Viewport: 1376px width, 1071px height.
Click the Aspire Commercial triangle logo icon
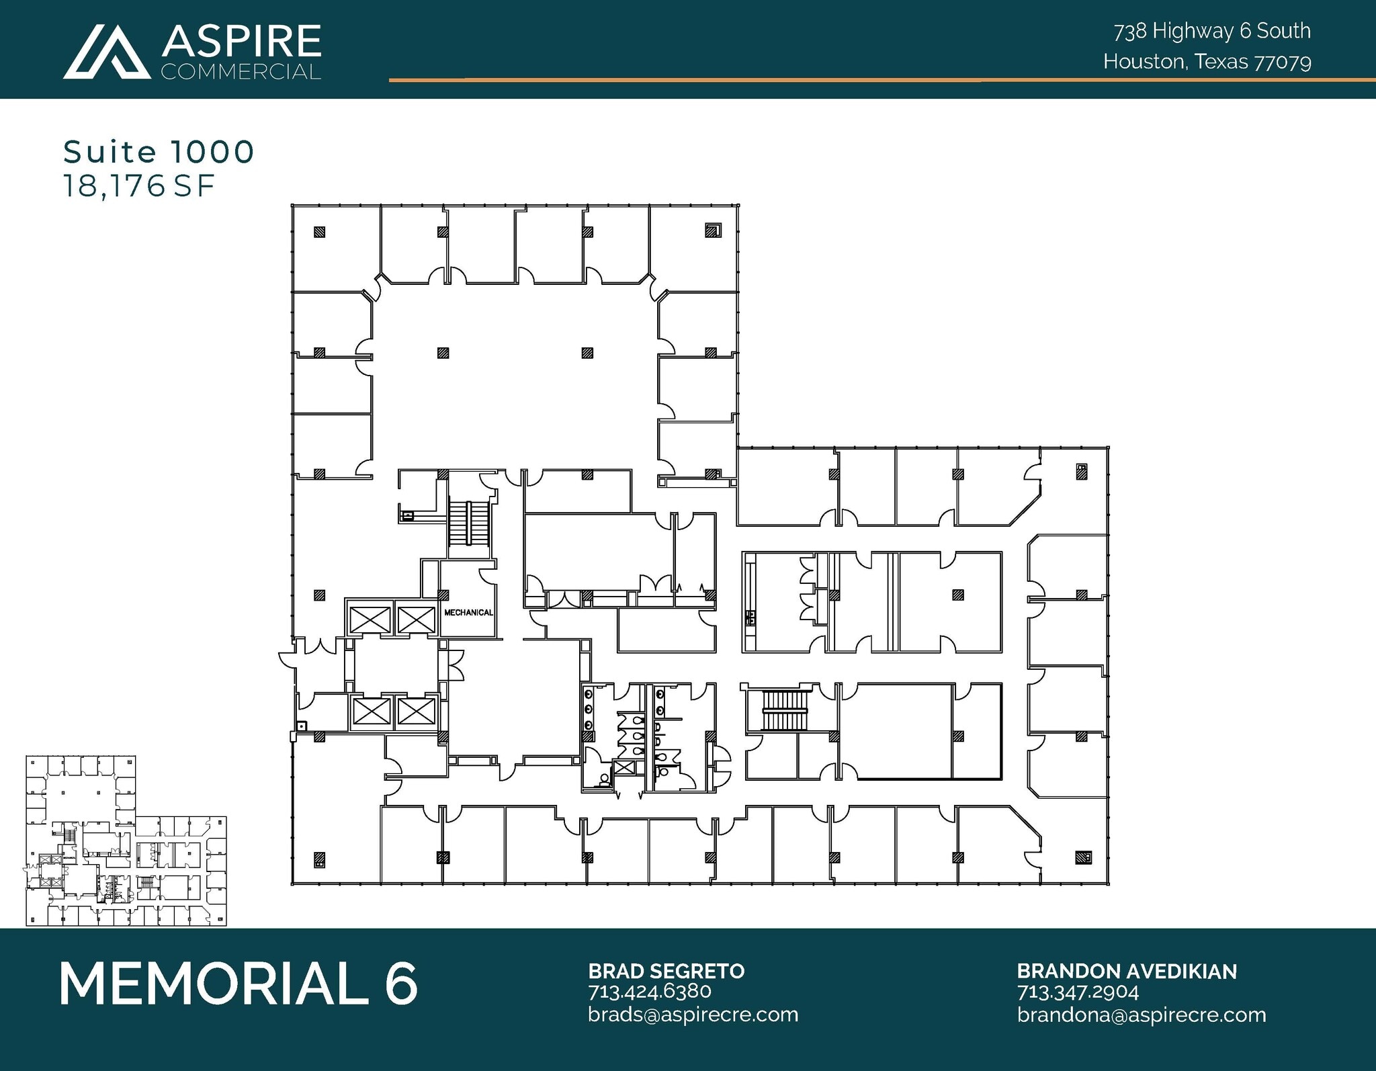106,52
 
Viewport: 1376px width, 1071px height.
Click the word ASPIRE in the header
241,42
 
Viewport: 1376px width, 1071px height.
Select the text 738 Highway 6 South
1212,31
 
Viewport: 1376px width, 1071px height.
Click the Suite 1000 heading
159,152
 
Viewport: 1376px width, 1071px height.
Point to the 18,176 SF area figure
139,186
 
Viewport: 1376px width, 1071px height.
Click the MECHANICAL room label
468,613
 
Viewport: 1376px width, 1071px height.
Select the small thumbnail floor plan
126,841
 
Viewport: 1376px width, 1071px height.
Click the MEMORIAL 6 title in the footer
239,984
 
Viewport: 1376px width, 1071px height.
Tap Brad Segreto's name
666,971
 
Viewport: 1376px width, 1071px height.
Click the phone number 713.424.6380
649,992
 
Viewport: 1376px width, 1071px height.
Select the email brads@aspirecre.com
693,1014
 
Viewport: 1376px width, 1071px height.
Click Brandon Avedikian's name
1126,971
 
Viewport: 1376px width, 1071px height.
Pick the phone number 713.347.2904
1078,992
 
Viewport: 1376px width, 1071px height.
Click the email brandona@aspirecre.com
1141,1014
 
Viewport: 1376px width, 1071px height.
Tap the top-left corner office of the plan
336,247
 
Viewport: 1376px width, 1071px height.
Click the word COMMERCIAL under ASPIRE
241,71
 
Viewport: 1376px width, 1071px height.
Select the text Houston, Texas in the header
1176,62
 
